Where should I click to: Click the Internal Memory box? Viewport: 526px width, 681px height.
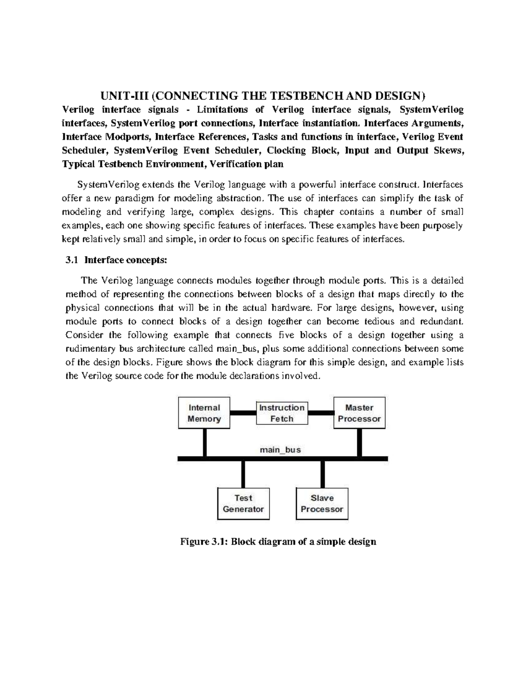204,413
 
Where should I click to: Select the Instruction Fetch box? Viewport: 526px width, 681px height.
281,413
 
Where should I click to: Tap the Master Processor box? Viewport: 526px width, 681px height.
359,413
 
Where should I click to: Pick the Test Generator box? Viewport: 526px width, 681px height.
243,503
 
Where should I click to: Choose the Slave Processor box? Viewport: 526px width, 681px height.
322,503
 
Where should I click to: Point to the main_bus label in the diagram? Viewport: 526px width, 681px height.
280,449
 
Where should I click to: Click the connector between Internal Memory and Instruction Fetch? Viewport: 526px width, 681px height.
243,413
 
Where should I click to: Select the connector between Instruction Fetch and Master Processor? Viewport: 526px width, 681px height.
321,413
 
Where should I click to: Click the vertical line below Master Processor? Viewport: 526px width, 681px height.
360,442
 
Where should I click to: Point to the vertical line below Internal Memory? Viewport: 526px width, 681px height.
204,442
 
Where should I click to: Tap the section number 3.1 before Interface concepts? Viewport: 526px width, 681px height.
71,260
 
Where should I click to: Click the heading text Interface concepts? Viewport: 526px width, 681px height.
125,260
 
